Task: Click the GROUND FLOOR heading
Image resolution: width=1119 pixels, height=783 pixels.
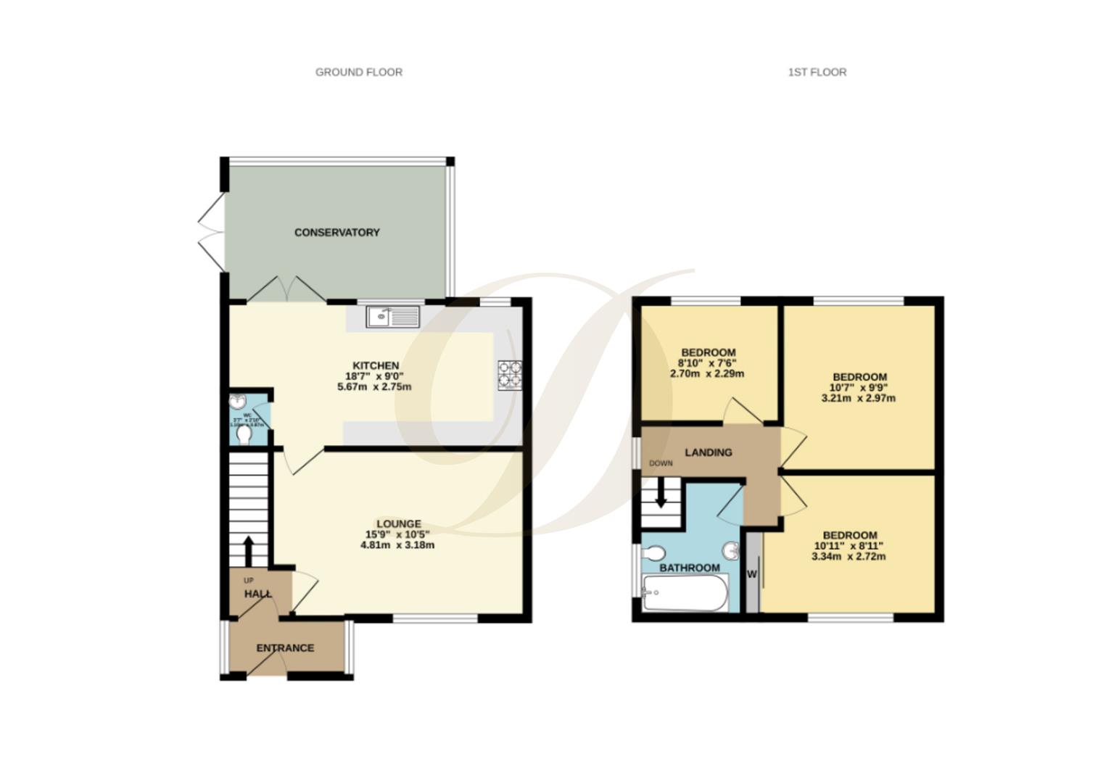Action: (358, 72)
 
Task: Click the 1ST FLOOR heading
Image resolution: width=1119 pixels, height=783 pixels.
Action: (817, 72)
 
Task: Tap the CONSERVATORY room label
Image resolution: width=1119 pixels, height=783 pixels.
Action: (336, 232)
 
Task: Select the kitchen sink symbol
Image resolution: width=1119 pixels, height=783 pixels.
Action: (392, 317)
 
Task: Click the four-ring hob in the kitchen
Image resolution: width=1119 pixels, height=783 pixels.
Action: (509, 375)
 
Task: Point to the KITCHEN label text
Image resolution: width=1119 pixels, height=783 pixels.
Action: (375, 365)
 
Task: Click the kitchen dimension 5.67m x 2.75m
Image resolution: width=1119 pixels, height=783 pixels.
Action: (374, 386)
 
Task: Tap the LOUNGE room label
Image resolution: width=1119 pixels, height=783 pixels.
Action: (398, 523)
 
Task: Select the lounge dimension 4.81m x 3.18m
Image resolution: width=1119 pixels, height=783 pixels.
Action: (397, 544)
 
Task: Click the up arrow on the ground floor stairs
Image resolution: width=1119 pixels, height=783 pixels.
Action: (248, 550)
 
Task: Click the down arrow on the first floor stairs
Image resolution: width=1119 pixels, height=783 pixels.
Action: (661, 497)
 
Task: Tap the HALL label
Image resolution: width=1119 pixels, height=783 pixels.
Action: (257, 594)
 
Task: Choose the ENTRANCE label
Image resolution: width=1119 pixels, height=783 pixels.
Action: (285, 647)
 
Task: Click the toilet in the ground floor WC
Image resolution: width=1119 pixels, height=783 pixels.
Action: (244, 434)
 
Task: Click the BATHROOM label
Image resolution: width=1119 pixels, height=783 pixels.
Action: (689, 568)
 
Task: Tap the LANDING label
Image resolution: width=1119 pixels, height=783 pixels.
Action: (708, 452)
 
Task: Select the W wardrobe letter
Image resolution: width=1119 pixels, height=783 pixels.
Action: (752, 574)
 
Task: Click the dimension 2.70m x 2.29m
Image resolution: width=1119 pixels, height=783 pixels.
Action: (706, 373)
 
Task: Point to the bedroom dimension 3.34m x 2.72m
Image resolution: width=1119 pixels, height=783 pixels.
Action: (848, 556)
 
